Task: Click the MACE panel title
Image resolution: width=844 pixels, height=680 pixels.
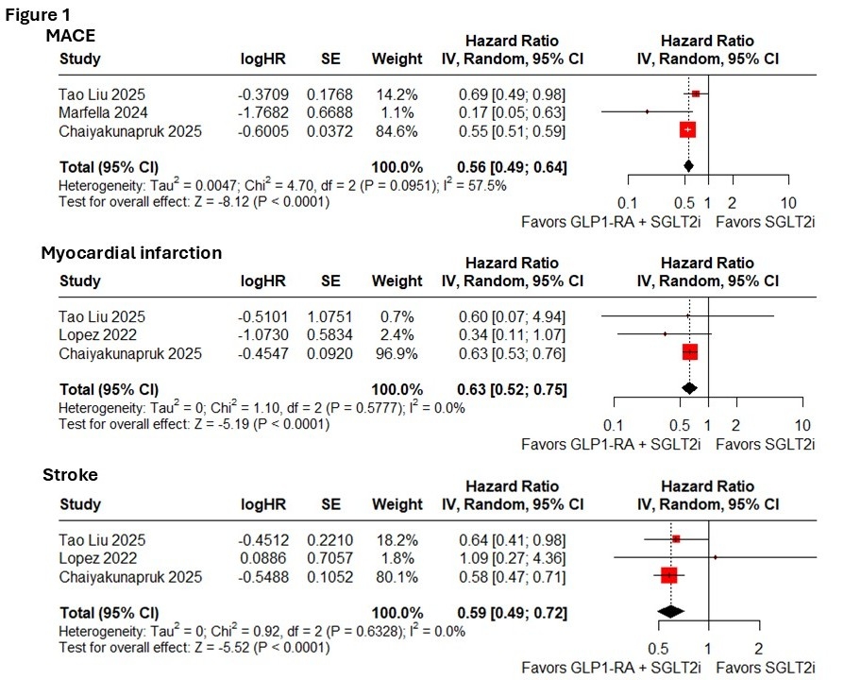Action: click(x=72, y=35)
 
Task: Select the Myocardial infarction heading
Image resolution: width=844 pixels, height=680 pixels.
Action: click(x=131, y=253)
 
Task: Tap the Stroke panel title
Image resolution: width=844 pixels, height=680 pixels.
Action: click(x=69, y=474)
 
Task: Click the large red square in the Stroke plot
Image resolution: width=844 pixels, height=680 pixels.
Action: click(x=669, y=574)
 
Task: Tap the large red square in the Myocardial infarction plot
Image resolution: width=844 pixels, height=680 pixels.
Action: click(x=689, y=351)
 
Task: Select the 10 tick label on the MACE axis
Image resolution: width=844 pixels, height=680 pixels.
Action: click(x=788, y=204)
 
